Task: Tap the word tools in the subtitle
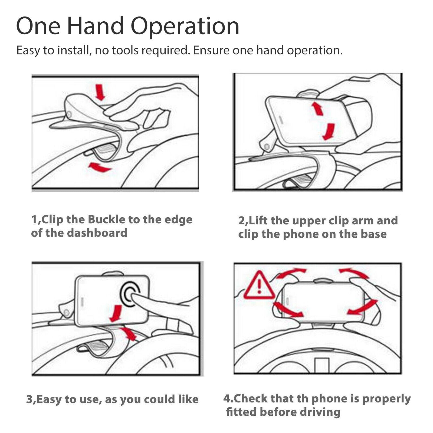click(125, 50)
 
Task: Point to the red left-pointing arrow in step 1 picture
click(100, 167)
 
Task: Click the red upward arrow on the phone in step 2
click(317, 108)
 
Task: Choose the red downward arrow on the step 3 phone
click(116, 314)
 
